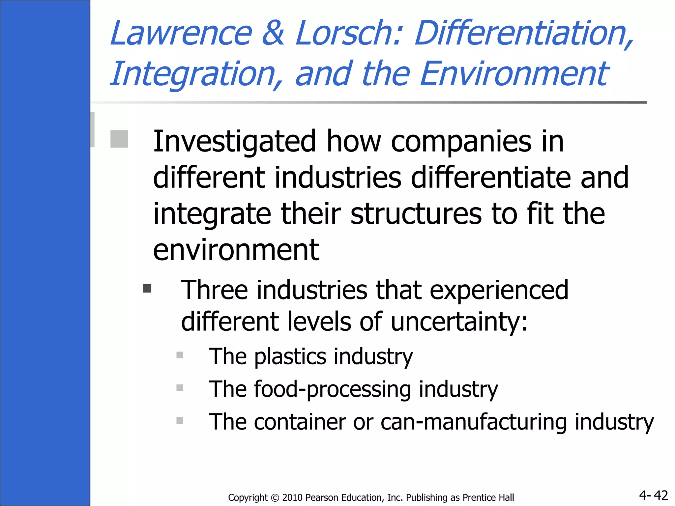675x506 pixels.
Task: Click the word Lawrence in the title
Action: point(181,33)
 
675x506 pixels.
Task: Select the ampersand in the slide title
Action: point(273,33)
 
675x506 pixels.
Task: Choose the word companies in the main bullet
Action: point(461,142)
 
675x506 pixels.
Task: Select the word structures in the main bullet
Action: point(416,214)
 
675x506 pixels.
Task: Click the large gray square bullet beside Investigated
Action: point(119,139)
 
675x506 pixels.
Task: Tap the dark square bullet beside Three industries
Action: point(147,289)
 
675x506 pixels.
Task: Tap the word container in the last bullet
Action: point(300,422)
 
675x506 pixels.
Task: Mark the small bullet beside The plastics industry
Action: point(180,355)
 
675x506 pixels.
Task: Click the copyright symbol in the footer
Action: point(275,498)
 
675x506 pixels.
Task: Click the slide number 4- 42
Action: point(653,495)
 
